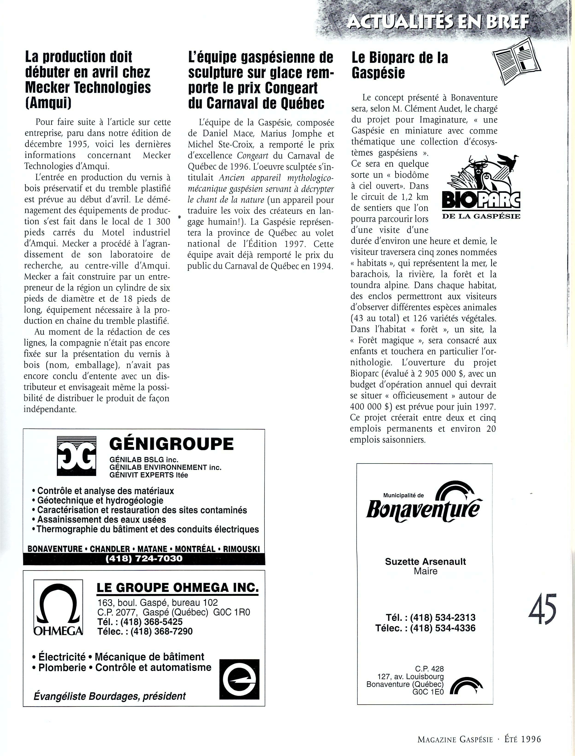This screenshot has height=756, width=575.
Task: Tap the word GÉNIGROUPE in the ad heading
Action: click(171, 444)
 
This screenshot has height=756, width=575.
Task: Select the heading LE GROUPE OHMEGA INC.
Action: click(178, 588)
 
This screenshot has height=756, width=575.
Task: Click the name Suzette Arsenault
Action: click(425, 562)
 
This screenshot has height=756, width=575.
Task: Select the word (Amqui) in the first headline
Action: click(48, 103)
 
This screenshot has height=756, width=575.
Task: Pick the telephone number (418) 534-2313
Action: click(443, 618)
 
